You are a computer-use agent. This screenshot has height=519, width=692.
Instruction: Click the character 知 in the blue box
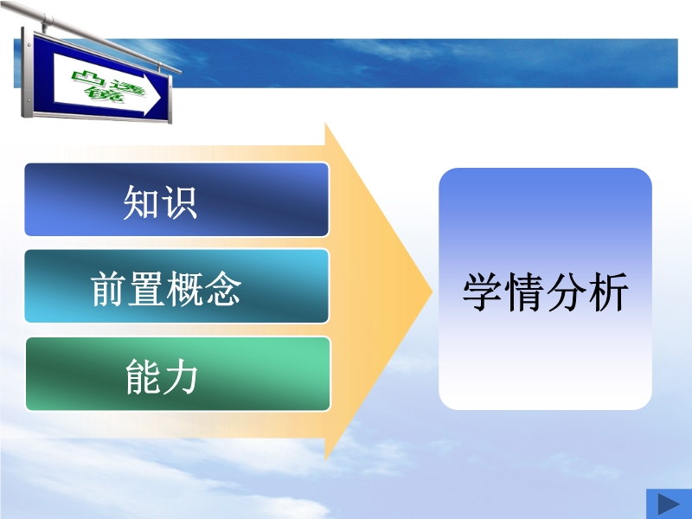point(141,202)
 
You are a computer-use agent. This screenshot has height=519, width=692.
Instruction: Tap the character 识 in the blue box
point(179,202)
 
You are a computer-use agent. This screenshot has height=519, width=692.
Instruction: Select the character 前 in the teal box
point(109,289)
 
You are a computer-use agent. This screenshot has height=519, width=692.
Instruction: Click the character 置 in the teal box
point(146,289)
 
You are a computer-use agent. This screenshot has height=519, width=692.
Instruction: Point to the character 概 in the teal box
point(184,289)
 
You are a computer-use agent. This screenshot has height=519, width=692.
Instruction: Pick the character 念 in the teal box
point(223,289)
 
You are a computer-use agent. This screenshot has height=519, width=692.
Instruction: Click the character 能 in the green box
point(143,376)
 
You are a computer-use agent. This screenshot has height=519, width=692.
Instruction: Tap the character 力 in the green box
point(180,376)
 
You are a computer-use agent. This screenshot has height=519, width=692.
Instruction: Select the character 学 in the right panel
point(483,292)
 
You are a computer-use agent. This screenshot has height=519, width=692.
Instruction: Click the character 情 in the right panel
point(524,292)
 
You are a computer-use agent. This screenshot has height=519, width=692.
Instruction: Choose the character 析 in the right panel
point(608,292)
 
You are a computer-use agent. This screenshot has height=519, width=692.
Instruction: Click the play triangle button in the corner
point(668,504)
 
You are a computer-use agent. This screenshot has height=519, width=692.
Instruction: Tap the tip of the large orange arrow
point(432,292)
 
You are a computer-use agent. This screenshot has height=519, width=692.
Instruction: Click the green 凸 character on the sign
point(88,79)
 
